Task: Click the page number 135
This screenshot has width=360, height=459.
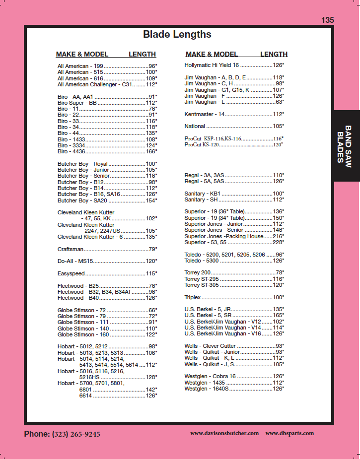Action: [327, 20]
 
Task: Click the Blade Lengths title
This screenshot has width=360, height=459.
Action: [177, 34]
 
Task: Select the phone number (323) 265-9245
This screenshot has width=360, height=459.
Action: [76, 434]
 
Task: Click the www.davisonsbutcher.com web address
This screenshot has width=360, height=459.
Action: [224, 433]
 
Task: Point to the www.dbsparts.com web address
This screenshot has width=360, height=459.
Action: [289, 433]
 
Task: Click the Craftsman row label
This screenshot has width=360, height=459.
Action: [71, 249]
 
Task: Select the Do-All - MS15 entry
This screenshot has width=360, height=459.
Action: [75, 261]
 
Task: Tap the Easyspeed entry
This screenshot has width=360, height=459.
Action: [72, 273]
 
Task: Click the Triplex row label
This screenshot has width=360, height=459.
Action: [193, 297]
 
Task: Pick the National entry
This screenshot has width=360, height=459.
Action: [195, 126]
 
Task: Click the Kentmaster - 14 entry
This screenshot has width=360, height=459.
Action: [205, 114]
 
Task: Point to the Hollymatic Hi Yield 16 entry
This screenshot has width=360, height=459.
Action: [212, 65]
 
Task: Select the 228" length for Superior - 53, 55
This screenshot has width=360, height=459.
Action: [278, 242]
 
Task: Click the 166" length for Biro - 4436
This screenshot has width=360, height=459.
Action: [151, 151]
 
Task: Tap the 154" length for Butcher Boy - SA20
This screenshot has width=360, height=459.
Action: [151, 200]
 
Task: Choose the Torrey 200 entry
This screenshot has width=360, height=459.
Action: [198, 273]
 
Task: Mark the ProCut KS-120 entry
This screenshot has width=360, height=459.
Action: [202, 144]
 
